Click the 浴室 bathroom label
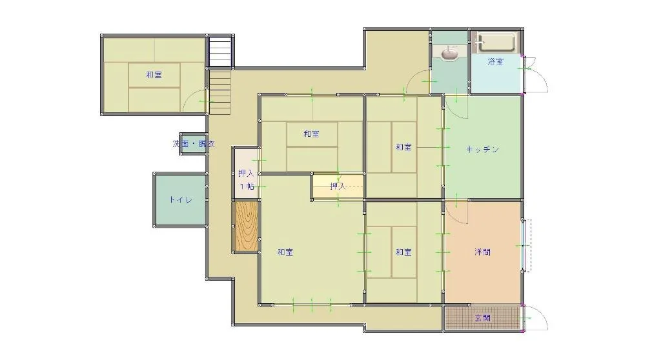pyautogui.click(x=496, y=62)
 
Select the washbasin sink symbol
pyautogui.click(x=450, y=54)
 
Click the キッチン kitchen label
pyautogui.click(x=482, y=150)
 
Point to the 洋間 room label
pyautogui.click(x=482, y=252)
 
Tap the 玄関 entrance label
pyautogui.click(x=482, y=318)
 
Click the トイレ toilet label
pyautogui.click(x=181, y=200)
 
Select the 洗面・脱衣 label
pyautogui.click(x=194, y=144)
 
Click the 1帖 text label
pyautogui.click(x=247, y=186)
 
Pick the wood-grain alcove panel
pyautogui.click(x=246, y=227)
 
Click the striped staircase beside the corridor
pyautogui.click(x=220, y=92)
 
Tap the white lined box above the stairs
pyautogui.click(x=220, y=52)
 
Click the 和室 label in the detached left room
pyautogui.click(x=154, y=75)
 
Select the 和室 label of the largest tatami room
pyautogui.click(x=285, y=252)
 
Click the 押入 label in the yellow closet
pyautogui.click(x=338, y=186)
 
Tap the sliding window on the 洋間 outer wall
pyautogui.click(x=526, y=246)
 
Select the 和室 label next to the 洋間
pyautogui.click(x=404, y=252)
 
